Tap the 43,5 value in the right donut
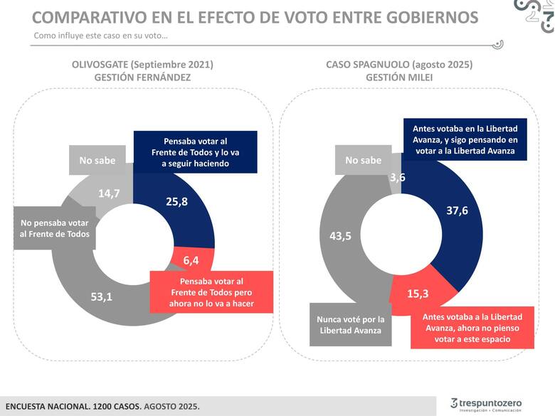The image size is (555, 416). (x=339, y=237)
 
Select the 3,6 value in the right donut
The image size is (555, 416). (x=398, y=178)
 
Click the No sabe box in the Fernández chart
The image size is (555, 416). (x=97, y=160)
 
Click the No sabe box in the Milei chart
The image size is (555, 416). (x=363, y=160)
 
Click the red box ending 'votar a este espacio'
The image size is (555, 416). (x=472, y=328)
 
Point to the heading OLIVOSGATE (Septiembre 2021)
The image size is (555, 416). (x=142, y=64)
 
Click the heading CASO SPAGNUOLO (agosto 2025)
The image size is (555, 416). (x=399, y=64)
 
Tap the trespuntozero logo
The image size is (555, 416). (x=486, y=405)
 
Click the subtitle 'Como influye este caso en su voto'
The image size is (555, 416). (x=100, y=36)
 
